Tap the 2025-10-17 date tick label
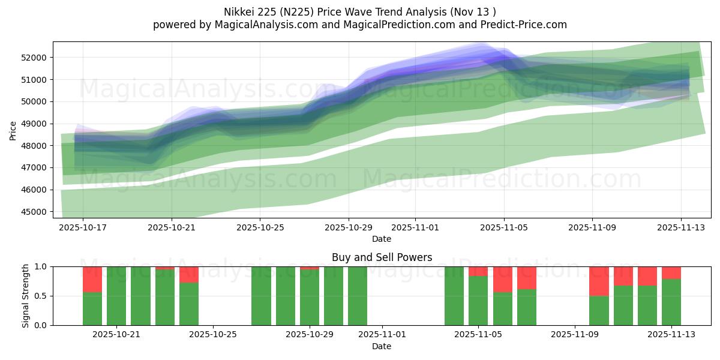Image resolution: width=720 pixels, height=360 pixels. pos(83,228)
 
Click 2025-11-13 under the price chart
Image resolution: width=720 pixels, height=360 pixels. pos(681,228)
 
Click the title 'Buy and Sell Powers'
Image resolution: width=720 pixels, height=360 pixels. pos(382,257)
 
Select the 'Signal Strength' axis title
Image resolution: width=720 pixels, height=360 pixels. pos(25,296)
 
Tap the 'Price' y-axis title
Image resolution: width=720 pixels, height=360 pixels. pos(13,130)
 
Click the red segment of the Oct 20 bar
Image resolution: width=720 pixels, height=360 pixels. pos(92,279)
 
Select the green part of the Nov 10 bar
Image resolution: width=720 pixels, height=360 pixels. pos(599,310)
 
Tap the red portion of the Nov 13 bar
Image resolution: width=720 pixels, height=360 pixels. pos(671,272)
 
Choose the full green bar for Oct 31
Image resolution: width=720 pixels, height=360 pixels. pos(358,296)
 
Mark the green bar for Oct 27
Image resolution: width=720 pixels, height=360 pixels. pos(261,296)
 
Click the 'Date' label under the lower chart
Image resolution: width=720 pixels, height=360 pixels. pos(382,346)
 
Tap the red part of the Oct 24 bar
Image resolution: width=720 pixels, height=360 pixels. pos(189,274)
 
